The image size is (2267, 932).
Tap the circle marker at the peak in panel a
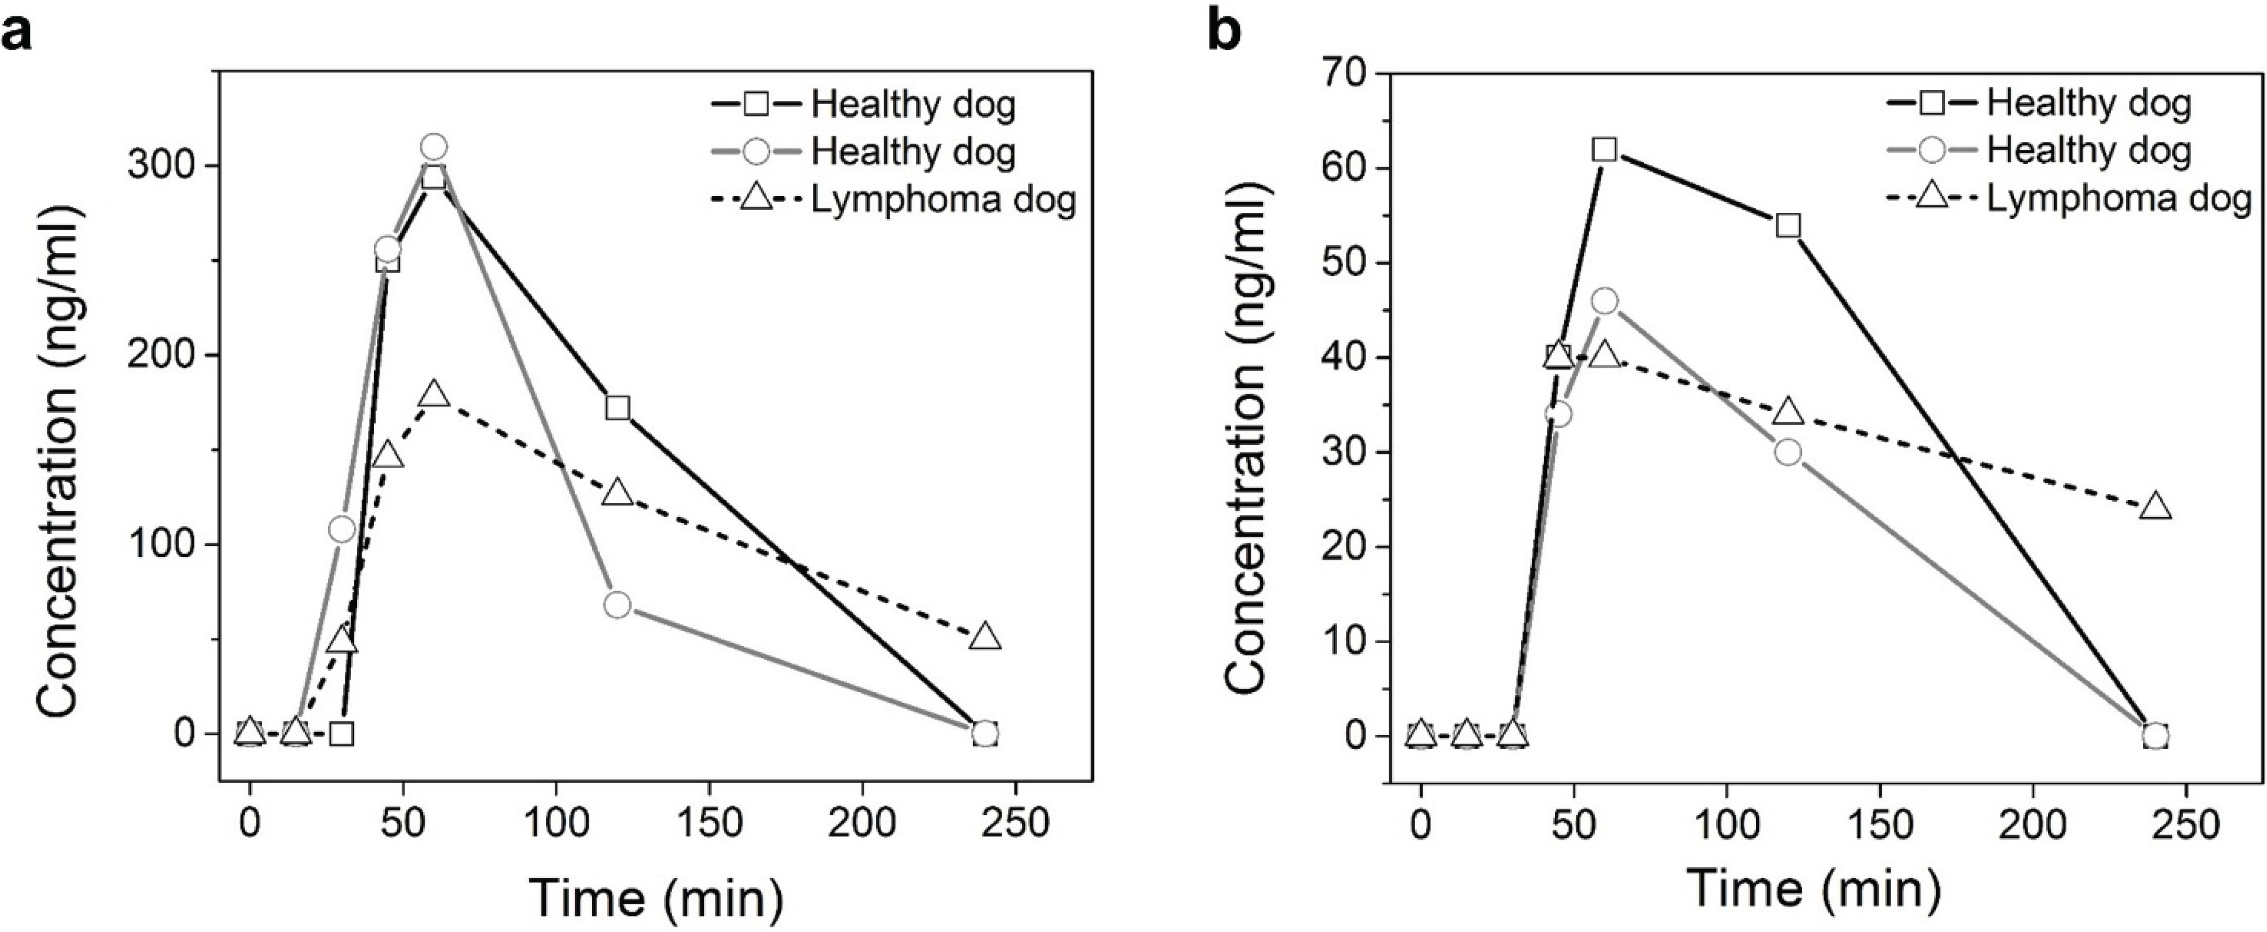point(433,146)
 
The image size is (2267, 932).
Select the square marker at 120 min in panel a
point(618,408)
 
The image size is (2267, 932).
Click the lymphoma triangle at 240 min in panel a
point(986,636)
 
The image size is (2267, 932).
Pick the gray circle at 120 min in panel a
point(618,605)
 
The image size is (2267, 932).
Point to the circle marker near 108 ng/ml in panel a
point(343,529)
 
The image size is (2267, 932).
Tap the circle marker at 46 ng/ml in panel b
point(1604,301)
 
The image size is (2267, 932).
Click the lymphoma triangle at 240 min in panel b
point(2155,506)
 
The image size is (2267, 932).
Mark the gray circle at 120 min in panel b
point(1788,452)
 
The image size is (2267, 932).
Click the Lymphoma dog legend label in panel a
point(944,200)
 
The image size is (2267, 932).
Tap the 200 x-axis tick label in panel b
point(2033,824)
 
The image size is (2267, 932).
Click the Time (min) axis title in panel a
point(656,898)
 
